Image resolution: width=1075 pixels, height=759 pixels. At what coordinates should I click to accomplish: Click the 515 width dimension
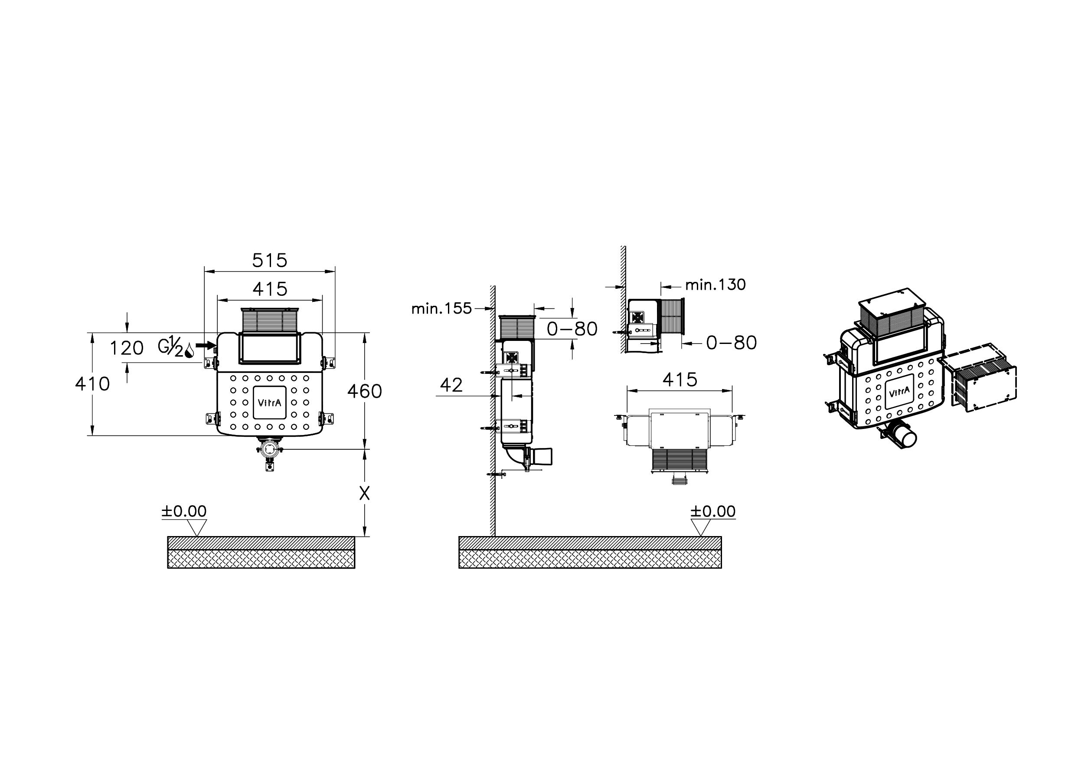270,260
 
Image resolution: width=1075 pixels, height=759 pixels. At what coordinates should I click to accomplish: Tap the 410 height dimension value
93,384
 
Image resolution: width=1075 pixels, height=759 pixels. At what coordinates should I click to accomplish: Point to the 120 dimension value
127,348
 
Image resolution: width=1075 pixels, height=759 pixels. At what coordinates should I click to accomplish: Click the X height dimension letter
364,493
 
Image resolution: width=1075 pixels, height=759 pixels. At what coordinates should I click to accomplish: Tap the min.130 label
716,285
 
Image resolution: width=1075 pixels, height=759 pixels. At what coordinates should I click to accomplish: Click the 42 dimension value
451,385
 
